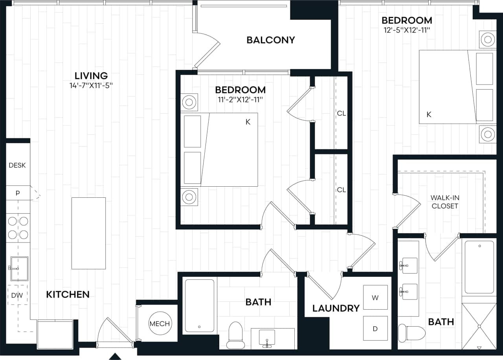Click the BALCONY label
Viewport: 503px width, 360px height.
[x=271, y=40]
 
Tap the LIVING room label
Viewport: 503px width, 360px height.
[x=91, y=75]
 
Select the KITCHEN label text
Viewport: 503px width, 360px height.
[x=68, y=294]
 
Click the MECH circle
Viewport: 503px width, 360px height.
[x=160, y=323]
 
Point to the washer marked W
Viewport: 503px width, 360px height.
[x=375, y=298]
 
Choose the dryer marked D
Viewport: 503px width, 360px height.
[x=375, y=328]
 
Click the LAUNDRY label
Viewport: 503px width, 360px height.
[x=336, y=308]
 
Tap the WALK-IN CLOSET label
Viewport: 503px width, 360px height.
[x=444, y=202]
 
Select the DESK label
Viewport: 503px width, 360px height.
[x=17, y=165]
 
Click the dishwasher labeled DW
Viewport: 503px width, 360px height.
[x=17, y=295]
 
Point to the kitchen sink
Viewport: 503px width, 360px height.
[x=19, y=268]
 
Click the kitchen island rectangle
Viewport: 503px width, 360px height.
[x=88, y=233]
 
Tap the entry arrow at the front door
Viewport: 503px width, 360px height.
[x=115, y=356]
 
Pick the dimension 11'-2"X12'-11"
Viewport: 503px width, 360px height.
[x=240, y=99]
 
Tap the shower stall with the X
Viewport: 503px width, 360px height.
[x=479, y=326]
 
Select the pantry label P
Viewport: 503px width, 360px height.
[x=18, y=193]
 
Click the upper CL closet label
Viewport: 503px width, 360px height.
[x=341, y=113]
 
